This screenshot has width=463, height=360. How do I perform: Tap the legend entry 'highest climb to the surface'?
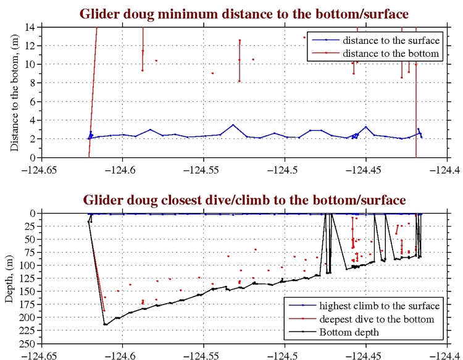379,306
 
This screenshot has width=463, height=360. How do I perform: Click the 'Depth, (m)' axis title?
9,278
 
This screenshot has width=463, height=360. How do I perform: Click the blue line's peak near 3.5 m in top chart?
233,125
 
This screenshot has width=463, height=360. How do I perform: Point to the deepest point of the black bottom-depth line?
106,324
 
